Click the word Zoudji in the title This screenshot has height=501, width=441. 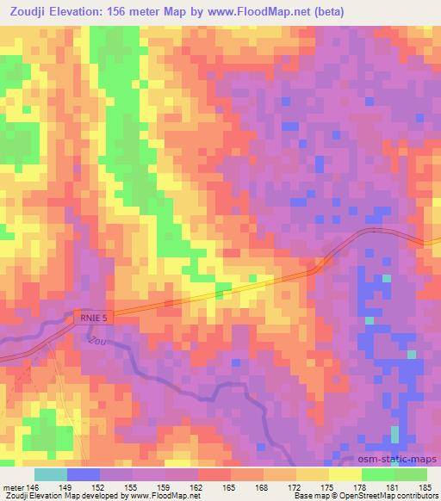tap(29, 9)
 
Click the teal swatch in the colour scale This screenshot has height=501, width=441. tap(51, 474)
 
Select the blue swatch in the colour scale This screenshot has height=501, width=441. tap(84, 474)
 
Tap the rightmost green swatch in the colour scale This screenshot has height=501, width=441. tap(411, 474)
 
